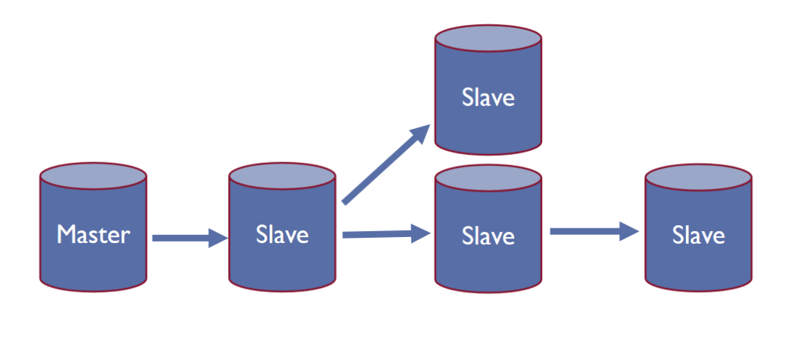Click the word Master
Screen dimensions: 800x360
[x=93, y=235]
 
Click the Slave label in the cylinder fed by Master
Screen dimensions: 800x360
[x=282, y=235]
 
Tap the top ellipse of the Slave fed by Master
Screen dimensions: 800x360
[x=282, y=176]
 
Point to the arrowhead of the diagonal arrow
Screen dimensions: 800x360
[x=421, y=133]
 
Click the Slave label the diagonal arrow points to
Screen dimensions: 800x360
[x=488, y=97]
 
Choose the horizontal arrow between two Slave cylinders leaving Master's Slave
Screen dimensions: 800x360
[x=378, y=236]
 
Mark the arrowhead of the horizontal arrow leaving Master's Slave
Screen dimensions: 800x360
[x=421, y=235]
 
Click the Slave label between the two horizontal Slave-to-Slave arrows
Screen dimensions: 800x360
[x=488, y=236]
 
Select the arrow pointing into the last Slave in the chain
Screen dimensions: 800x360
[x=585, y=232]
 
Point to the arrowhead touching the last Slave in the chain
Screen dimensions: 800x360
[x=629, y=232]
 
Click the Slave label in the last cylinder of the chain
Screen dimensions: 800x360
[x=699, y=236]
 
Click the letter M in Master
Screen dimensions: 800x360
[x=67, y=235]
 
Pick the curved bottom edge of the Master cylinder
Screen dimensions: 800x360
[x=93, y=290]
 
